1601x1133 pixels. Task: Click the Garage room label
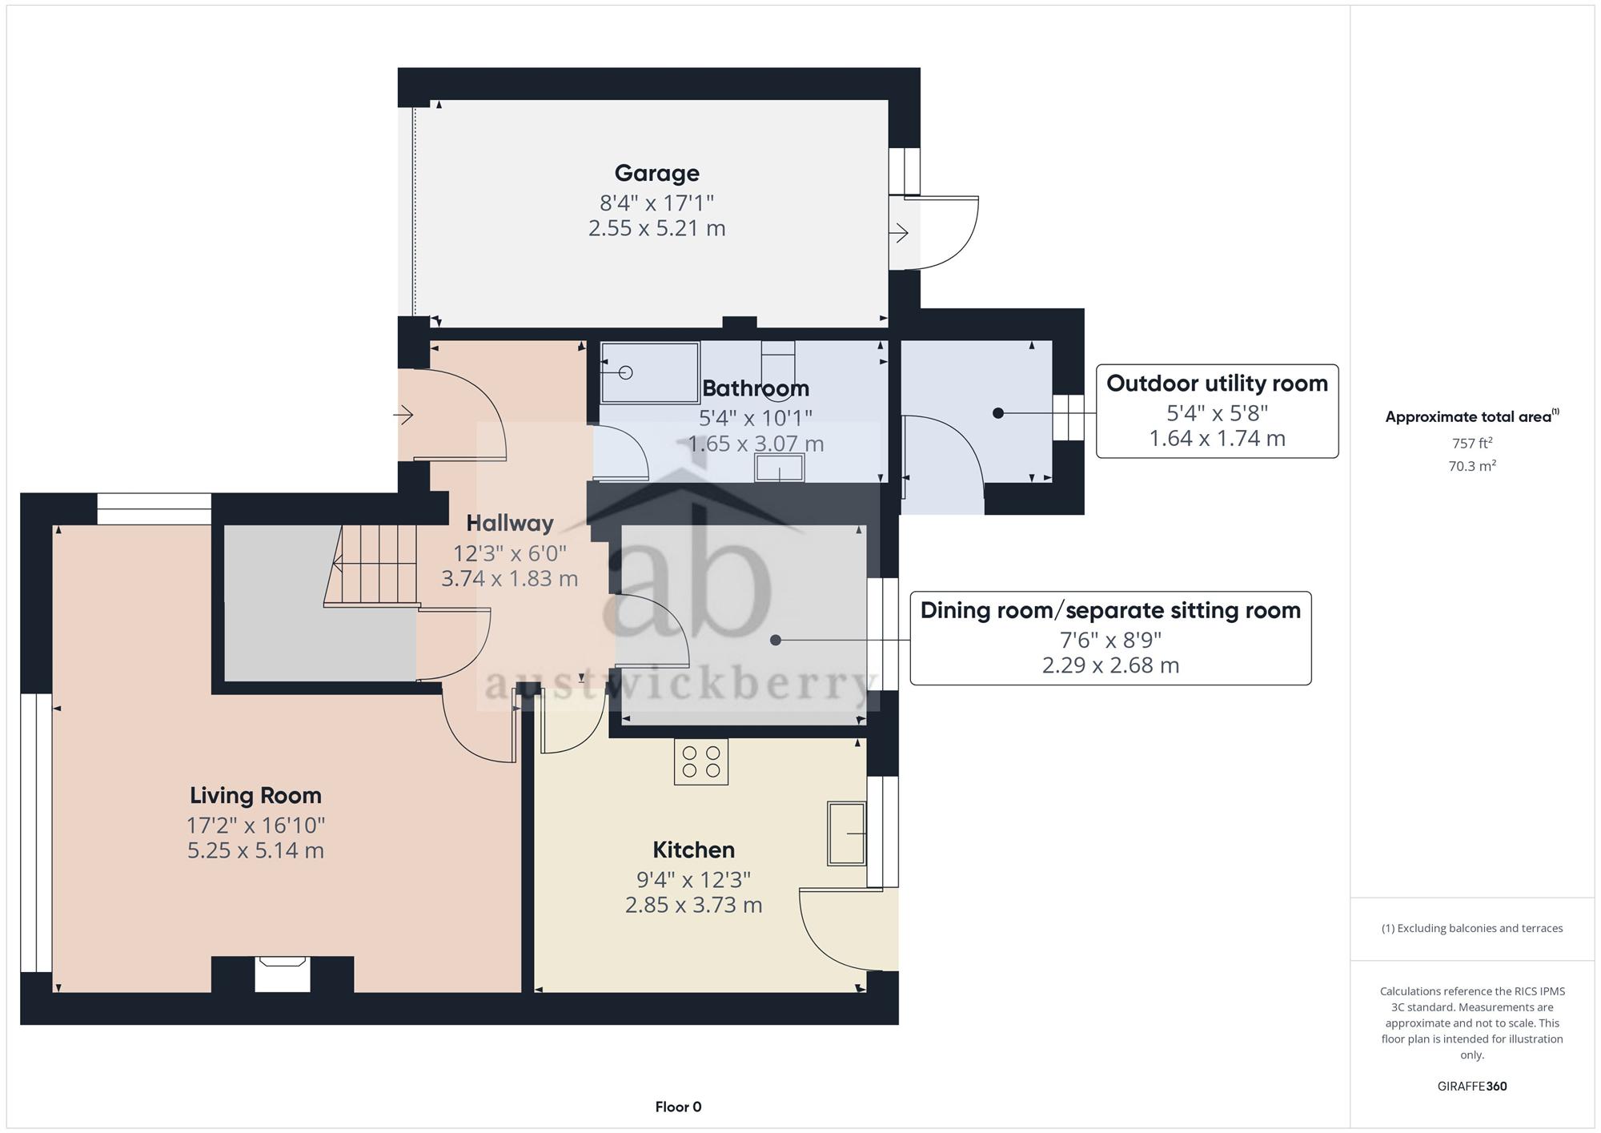pos(656,173)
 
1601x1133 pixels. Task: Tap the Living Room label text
pos(255,795)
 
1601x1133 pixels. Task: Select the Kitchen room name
pos(693,850)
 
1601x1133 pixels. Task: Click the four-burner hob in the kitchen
pos(701,761)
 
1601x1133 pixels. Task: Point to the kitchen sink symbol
pos(847,834)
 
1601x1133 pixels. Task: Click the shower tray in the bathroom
pos(650,372)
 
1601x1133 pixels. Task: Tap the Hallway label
pos(510,523)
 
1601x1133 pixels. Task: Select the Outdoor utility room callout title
pos(1217,384)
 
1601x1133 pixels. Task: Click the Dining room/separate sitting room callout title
pos(1110,610)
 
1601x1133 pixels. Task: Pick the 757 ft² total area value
pos(1472,443)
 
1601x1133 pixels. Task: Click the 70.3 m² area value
pos(1472,465)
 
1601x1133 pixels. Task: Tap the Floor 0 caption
pos(678,1107)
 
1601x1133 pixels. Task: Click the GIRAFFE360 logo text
pos(1472,1086)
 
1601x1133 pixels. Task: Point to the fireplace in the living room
pos(283,974)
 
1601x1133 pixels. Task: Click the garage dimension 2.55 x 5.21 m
pos(656,228)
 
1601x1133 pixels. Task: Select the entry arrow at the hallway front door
pos(403,415)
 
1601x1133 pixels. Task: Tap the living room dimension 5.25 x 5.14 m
pos(255,850)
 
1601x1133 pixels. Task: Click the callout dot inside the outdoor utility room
pos(997,413)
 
